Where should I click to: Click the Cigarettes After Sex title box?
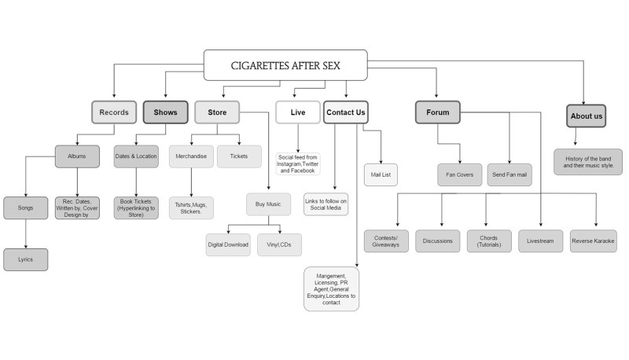286,64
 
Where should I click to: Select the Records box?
114,113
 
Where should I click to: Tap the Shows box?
165,113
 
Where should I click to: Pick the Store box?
217,113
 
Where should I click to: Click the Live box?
298,113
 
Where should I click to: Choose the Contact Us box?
345,113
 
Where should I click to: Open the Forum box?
438,113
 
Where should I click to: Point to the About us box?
587,116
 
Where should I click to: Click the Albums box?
76,156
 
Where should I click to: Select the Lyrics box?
25,259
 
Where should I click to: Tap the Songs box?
25,208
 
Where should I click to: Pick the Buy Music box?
268,204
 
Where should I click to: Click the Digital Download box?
228,244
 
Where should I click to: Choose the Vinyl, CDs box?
279,244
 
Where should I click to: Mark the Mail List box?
381,174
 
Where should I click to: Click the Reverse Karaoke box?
593,241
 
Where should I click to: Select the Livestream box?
541,241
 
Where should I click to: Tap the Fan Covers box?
460,174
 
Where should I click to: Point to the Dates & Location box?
136,156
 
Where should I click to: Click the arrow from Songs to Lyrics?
25,233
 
